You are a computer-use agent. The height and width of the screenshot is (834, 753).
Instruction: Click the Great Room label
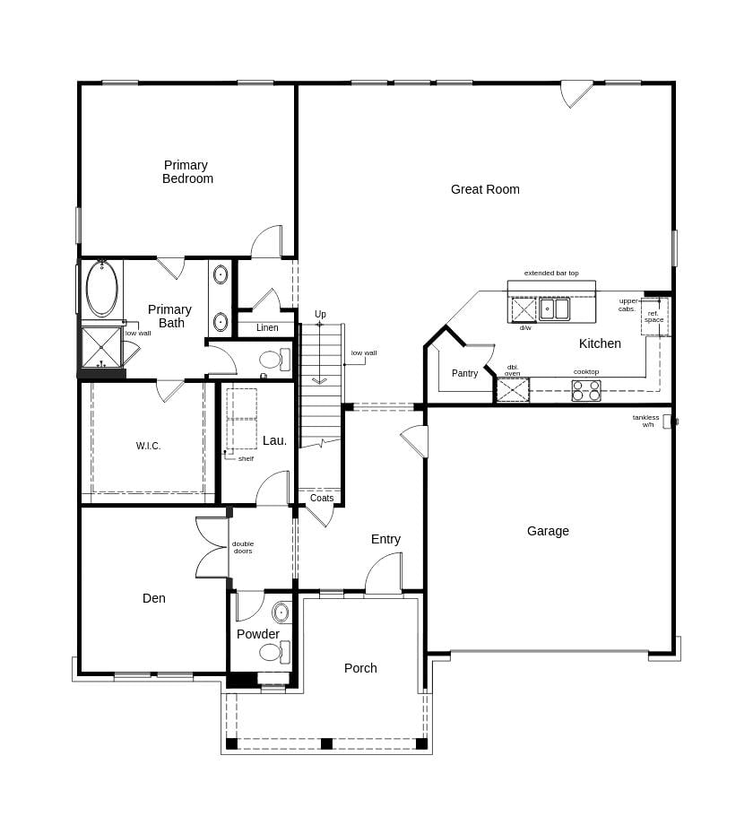click(x=485, y=189)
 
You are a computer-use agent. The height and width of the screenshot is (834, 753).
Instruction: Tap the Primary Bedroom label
click(x=186, y=171)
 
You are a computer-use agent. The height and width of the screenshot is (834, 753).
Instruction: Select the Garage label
click(x=548, y=531)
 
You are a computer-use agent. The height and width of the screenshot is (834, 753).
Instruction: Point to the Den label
click(x=153, y=598)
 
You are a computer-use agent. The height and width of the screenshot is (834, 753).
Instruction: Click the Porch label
click(x=360, y=668)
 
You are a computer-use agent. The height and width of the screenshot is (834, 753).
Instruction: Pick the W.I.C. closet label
click(x=149, y=446)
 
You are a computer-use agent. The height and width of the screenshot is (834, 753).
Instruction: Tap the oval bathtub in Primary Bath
click(x=101, y=288)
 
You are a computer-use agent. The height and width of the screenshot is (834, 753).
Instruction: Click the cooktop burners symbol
click(x=586, y=391)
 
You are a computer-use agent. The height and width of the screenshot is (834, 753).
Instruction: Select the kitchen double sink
click(x=554, y=308)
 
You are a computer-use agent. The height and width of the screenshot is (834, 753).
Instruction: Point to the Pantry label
click(x=464, y=373)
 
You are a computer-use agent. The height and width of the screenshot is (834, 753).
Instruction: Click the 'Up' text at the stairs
click(x=320, y=314)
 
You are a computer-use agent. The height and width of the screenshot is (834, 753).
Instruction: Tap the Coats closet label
click(x=322, y=498)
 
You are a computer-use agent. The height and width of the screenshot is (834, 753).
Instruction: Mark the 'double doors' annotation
click(x=243, y=547)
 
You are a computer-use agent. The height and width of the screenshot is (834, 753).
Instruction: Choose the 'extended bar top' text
click(x=551, y=273)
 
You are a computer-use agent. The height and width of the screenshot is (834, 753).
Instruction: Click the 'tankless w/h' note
click(x=645, y=421)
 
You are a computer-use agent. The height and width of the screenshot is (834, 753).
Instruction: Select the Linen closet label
click(x=267, y=327)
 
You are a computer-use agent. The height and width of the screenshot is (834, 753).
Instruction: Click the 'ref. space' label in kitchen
click(x=653, y=317)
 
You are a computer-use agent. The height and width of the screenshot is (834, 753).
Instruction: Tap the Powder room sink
click(x=281, y=613)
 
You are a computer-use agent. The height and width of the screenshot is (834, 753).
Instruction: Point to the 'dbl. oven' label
click(x=513, y=369)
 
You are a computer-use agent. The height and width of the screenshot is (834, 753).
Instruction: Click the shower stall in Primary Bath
click(x=101, y=347)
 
